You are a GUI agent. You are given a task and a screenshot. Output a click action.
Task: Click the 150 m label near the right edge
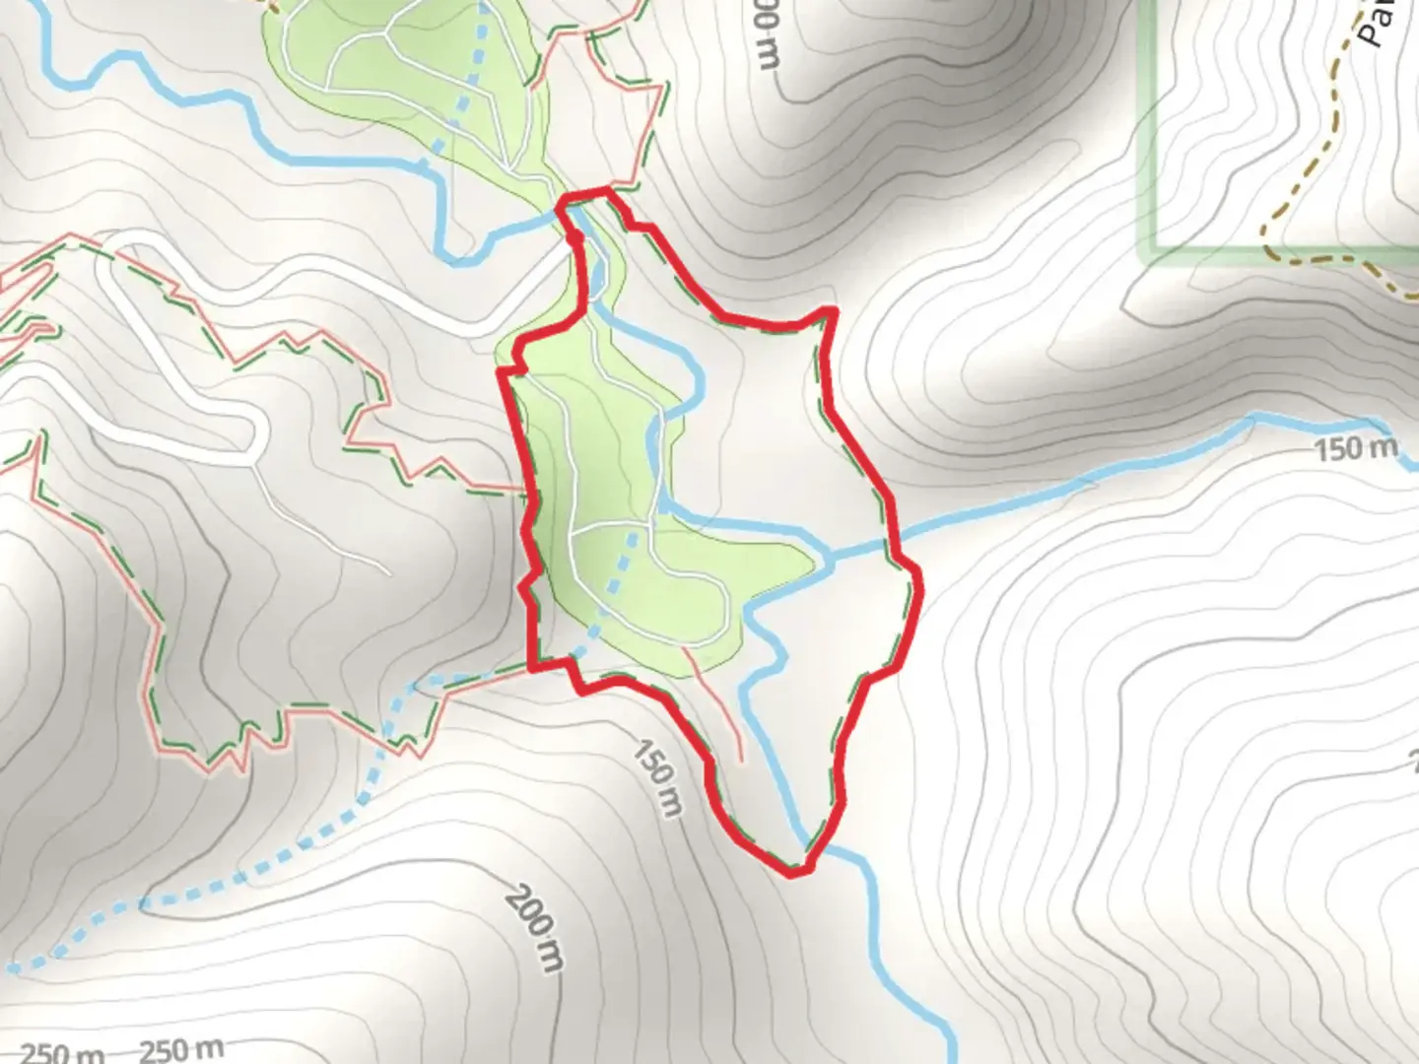(1356, 449)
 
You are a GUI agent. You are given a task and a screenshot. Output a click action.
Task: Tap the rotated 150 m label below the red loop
(656, 777)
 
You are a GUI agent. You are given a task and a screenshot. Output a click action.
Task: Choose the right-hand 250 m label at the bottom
(181, 1050)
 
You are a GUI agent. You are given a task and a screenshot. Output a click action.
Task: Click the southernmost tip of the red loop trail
(794, 873)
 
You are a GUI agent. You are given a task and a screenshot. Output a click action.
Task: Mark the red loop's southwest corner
(536, 666)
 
